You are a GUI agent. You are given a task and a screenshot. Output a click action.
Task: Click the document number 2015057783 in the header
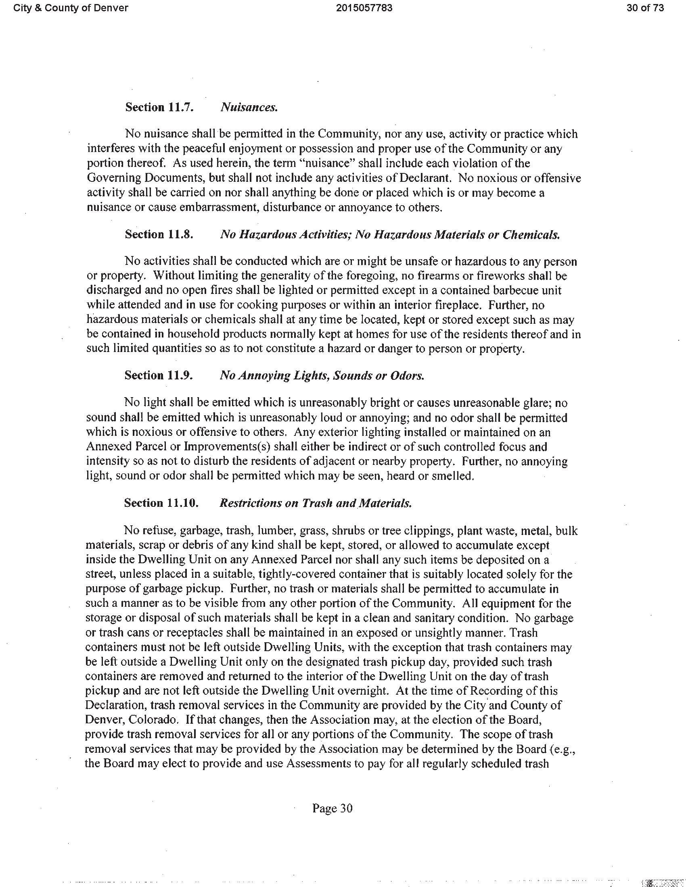coord(364,8)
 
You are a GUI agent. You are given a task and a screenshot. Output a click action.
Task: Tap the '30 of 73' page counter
coord(645,8)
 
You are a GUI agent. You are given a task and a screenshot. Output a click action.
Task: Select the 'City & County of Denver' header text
coord(71,8)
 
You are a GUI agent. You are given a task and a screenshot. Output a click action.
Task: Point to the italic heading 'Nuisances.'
coord(249,107)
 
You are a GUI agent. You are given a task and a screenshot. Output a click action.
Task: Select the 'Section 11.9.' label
coord(158,375)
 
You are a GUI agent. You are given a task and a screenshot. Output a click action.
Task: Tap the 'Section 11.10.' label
coord(161,503)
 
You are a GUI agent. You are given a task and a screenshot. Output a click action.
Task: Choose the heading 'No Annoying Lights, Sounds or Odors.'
coord(322,375)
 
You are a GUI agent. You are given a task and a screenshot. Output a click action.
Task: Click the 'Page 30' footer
coord(332,808)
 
